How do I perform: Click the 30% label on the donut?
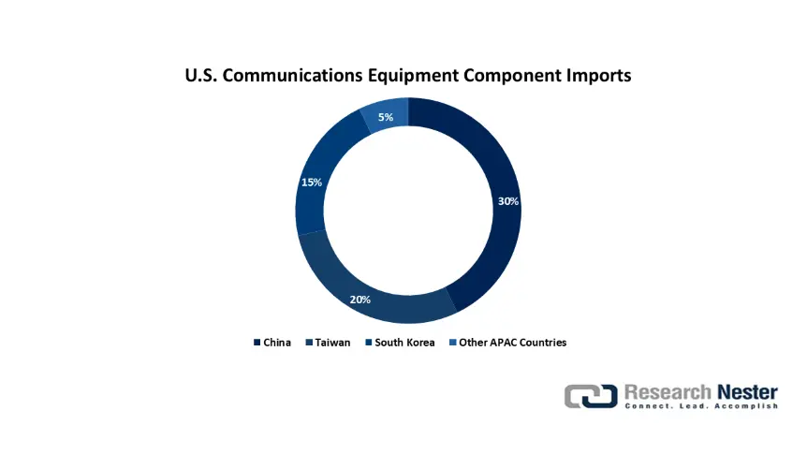pyautogui.click(x=508, y=201)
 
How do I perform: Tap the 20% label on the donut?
pyautogui.click(x=359, y=300)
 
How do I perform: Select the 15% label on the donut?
pyautogui.click(x=312, y=183)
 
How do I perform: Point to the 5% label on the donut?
pyautogui.click(x=386, y=117)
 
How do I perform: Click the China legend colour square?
pyautogui.click(x=257, y=343)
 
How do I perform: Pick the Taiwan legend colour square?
pyautogui.click(x=309, y=343)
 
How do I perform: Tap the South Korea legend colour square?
pyautogui.click(x=369, y=343)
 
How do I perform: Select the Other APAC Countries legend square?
pyautogui.click(x=453, y=343)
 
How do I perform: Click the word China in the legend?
pyautogui.click(x=277, y=343)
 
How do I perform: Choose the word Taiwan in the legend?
pyautogui.click(x=332, y=343)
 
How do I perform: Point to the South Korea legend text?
pyautogui.click(x=404, y=343)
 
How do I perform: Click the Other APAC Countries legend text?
pyautogui.click(x=513, y=343)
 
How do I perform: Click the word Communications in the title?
pyautogui.click(x=292, y=75)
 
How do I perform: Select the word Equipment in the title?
pyautogui.click(x=413, y=76)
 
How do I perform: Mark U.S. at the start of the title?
pyautogui.click(x=201, y=75)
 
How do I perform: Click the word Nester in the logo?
pyautogui.click(x=747, y=392)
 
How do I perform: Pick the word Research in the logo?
pyautogui.click(x=668, y=392)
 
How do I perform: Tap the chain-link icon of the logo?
pyautogui.click(x=591, y=396)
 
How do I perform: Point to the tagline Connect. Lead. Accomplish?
pyautogui.click(x=701, y=406)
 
